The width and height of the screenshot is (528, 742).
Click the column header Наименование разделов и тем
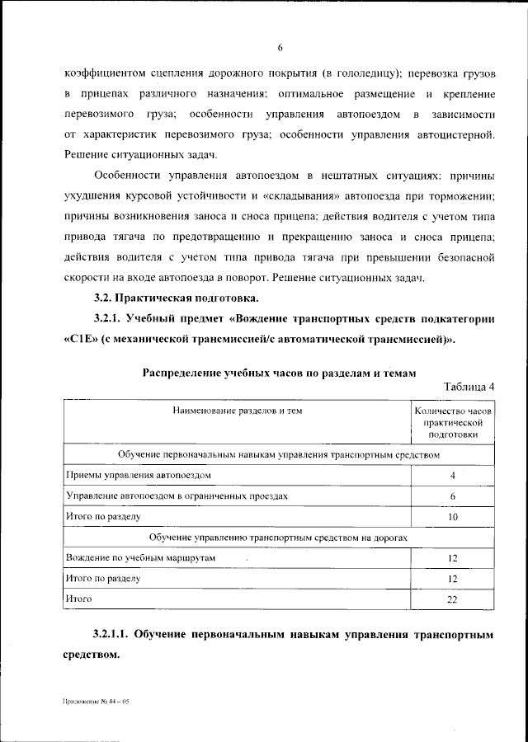(238, 410)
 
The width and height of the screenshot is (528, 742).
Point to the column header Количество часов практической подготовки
(453, 421)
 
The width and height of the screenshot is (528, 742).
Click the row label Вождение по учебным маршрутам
(139, 558)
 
